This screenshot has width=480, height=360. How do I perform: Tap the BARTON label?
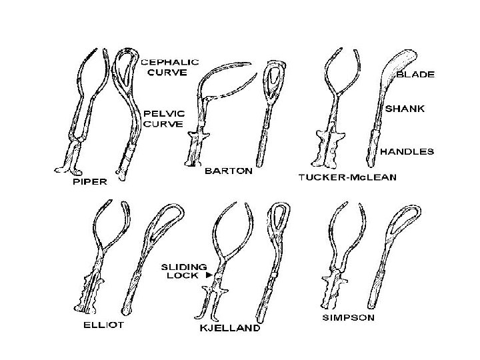click(228, 171)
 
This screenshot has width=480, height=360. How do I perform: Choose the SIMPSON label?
click(348, 317)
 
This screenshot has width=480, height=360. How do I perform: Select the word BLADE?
click(415, 75)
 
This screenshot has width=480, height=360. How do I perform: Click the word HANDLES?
click(407, 151)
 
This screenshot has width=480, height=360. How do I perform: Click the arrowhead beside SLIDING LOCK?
click(209, 274)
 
